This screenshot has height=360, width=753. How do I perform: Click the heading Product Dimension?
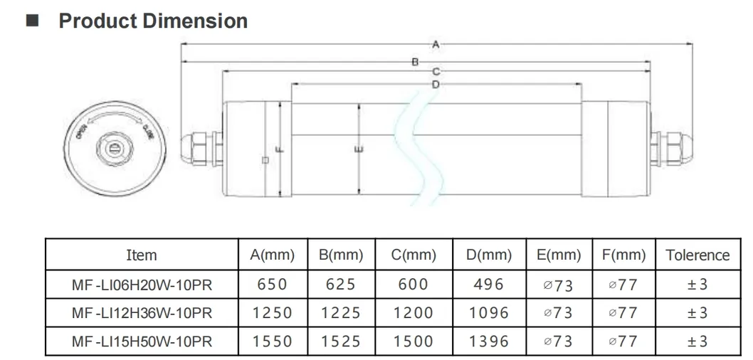[x=152, y=21]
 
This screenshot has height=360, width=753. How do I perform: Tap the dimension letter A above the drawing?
[x=436, y=44]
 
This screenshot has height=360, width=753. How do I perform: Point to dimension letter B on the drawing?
[x=416, y=63]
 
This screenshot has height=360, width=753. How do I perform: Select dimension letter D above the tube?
[x=436, y=85]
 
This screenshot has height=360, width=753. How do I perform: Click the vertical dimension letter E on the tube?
[x=359, y=149]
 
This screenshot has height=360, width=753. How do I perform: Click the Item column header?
[x=141, y=255]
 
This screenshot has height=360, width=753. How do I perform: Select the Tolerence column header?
[x=697, y=255]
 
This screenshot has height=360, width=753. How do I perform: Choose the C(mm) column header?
[x=414, y=255]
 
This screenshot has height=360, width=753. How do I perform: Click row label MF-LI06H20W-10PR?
[x=141, y=285]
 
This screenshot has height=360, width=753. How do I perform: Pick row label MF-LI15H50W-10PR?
[x=141, y=341]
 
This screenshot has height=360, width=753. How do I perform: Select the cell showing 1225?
[x=341, y=313]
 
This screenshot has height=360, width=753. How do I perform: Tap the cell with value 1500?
[x=414, y=341]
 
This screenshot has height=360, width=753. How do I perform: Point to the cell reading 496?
[x=489, y=285]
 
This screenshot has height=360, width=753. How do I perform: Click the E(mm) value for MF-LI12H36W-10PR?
[x=558, y=313]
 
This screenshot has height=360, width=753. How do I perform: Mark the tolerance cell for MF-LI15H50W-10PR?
[x=697, y=341]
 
